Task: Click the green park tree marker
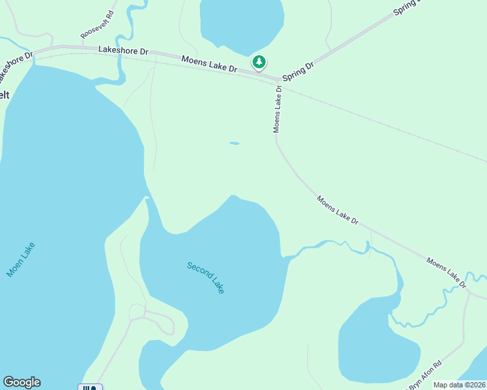259,62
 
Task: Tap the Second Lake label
206,278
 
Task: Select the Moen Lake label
21,259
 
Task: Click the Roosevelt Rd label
97,24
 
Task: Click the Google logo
21,382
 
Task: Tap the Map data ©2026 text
460,385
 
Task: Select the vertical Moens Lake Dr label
277,109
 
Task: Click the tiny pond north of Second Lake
234,143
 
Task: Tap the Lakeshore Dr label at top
123,49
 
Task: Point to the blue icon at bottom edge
90,387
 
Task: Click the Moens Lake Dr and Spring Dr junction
279,81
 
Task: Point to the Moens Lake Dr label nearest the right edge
447,272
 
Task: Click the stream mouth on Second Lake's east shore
285,257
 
